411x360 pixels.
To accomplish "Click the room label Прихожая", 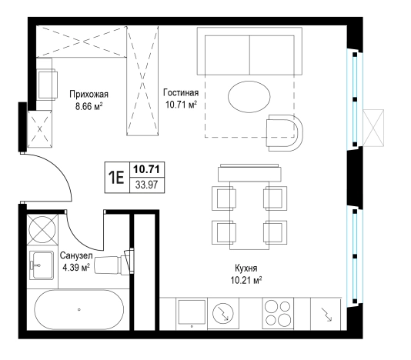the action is [x=89, y=95].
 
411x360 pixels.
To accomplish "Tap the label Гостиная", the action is [x=181, y=92].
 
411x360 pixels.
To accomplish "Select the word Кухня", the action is [x=246, y=268].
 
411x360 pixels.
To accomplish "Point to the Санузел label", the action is [x=76, y=255].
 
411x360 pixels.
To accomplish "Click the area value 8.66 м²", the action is [x=89, y=107].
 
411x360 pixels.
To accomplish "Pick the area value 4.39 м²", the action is [x=76, y=268].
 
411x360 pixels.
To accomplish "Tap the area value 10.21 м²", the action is [x=246, y=280].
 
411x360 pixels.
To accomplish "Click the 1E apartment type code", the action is [x=117, y=178].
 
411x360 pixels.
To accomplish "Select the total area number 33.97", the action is [x=147, y=185].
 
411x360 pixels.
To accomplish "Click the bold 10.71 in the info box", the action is [x=147, y=169].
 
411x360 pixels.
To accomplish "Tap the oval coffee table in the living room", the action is [x=249, y=97].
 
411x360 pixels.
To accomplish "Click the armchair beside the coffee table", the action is [x=285, y=133].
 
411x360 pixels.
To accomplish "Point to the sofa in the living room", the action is [x=249, y=52].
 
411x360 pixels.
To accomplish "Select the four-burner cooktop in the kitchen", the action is [x=278, y=313].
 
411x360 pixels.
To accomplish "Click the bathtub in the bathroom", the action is [x=79, y=309].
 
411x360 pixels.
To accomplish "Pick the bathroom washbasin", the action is [x=42, y=265].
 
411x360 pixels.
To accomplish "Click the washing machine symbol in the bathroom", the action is [x=42, y=230].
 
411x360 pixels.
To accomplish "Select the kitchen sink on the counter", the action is [x=192, y=313].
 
